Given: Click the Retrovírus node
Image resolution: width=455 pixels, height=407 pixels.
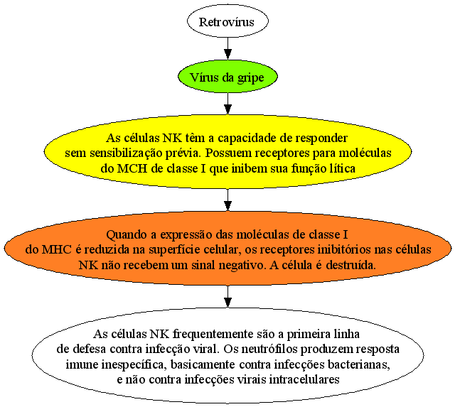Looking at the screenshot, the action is (227, 21).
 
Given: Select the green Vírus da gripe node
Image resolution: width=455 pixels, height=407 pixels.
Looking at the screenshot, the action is (227, 77).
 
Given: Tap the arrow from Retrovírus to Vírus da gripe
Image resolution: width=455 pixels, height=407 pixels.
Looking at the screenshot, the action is (227, 49).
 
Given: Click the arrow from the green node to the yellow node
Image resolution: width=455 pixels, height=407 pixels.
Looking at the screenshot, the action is (227, 104).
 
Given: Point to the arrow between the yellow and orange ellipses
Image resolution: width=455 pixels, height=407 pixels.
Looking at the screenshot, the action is (227, 200).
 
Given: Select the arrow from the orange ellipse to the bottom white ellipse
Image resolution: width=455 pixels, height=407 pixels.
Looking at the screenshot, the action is (227, 297).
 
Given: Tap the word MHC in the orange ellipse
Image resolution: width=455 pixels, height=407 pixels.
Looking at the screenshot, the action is (57, 249).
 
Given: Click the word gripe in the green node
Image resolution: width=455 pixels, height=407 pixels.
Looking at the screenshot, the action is (250, 78).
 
